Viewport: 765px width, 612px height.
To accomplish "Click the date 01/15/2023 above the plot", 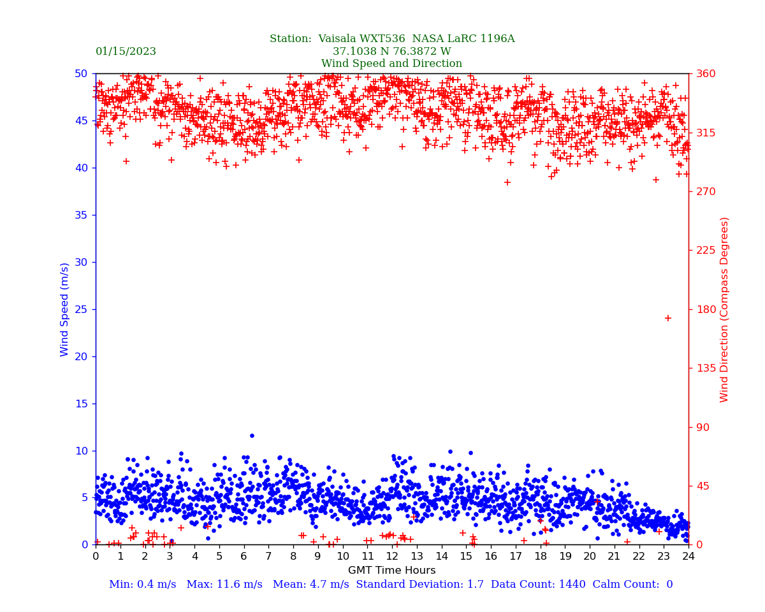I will click(x=126, y=52).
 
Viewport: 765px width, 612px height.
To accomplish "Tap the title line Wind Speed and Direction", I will click(x=391, y=64).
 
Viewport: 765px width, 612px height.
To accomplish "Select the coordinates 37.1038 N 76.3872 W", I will click(x=391, y=52).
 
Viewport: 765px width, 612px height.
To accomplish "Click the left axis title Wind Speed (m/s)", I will click(x=65, y=309).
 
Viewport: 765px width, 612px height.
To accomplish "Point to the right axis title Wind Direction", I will click(x=725, y=309).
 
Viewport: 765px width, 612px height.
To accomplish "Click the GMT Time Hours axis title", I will click(x=391, y=571).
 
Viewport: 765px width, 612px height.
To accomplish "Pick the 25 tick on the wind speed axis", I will click(x=82, y=309).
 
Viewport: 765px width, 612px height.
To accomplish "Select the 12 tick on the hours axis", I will click(x=392, y=556).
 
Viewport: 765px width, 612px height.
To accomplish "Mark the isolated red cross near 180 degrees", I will click(x=668, y=318).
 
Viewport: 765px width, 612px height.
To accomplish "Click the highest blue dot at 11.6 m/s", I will click(x=252, y=435).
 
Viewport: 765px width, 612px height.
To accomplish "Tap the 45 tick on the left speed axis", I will click(x=82, y=120).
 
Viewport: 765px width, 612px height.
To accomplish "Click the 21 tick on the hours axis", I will click(x=615, y=556).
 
